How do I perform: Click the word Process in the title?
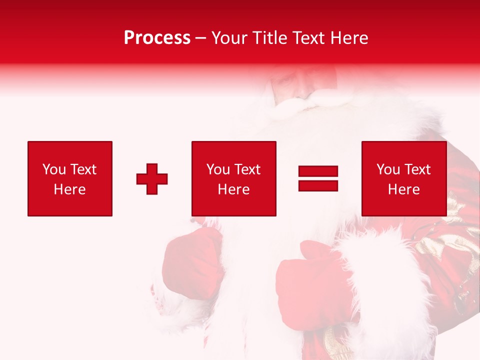click(x=157, y=38)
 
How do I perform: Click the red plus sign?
click(x=152, y=178)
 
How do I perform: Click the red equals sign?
click(x=318, y=178)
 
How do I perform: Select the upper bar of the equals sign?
click(x=318, y=172)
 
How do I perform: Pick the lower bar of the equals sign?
click(x=318, y=185)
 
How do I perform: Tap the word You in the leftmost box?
click(x=54, y=169)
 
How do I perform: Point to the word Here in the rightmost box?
click(x=404, y=189)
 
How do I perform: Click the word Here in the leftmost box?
click(x=70, y=189)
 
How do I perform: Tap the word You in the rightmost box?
click(x=388, y=169)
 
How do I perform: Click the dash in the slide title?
click(x=201, y=38)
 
